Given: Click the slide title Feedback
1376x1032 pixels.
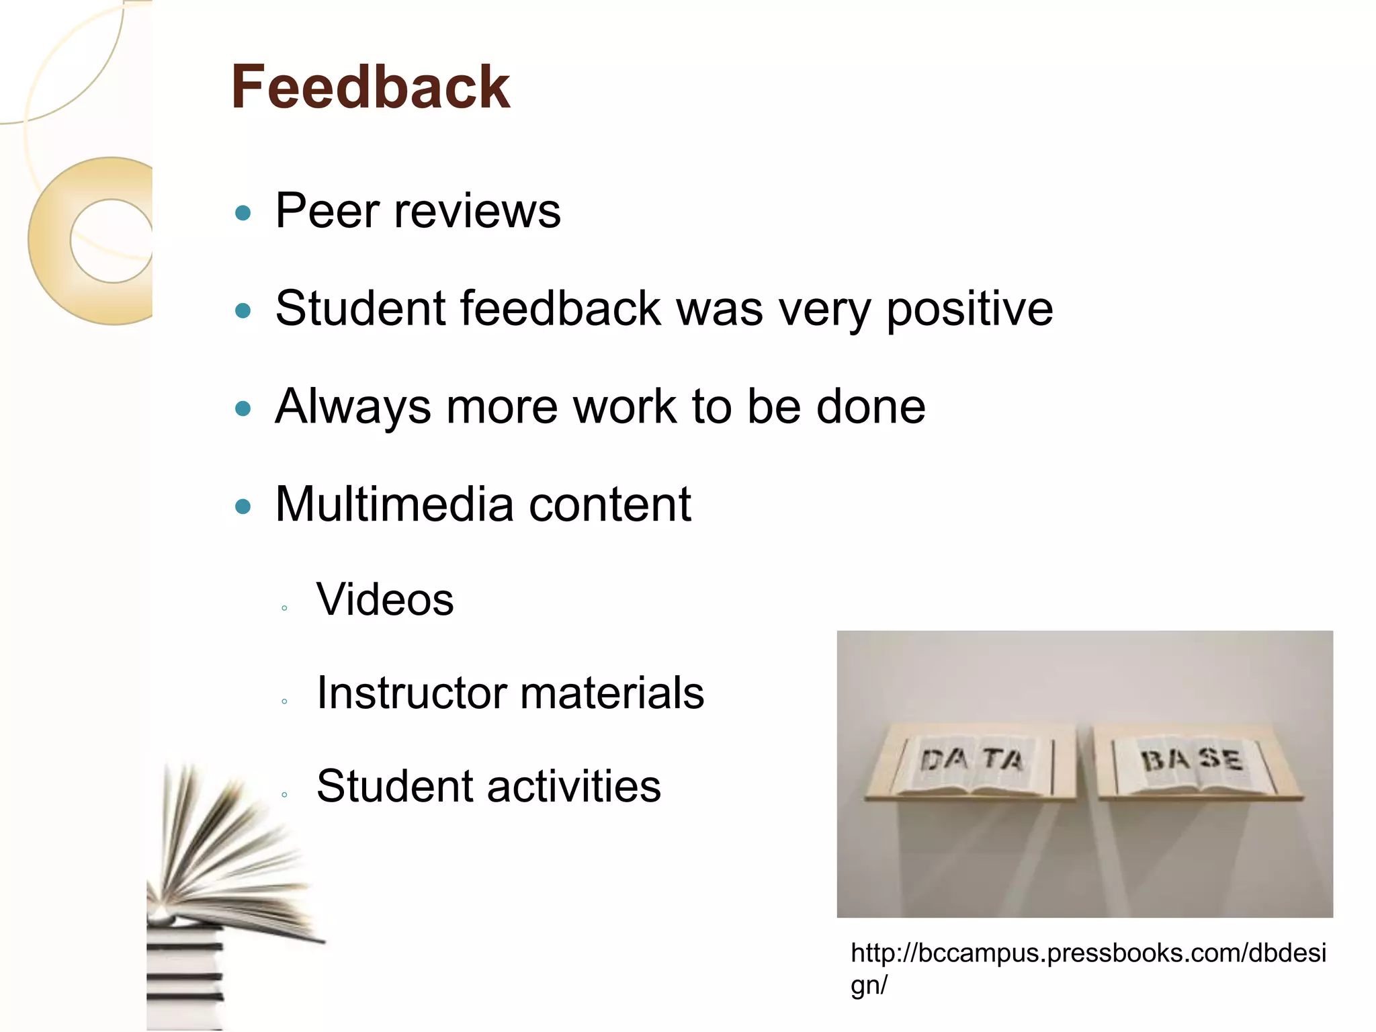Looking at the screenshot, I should [x=370, y=87].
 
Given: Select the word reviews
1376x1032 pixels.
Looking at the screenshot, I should [x=477, y=211].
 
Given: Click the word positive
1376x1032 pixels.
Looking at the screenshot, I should [x=970, y=309].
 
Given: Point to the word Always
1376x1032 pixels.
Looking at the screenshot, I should [x=353, y=407].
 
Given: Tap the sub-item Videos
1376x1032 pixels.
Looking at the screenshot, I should [x=385, y=599].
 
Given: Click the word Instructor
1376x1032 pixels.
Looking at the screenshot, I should [x=410, y=693].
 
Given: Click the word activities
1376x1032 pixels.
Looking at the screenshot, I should [x=574, y=786].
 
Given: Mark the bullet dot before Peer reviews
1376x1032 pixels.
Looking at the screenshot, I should [x=243, y=214].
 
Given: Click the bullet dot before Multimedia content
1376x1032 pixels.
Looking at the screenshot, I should [x=243, y=507].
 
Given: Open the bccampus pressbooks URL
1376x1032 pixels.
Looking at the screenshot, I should [x=1088, y=968].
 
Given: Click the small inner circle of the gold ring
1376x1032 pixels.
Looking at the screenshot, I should [x=112, y=241].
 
